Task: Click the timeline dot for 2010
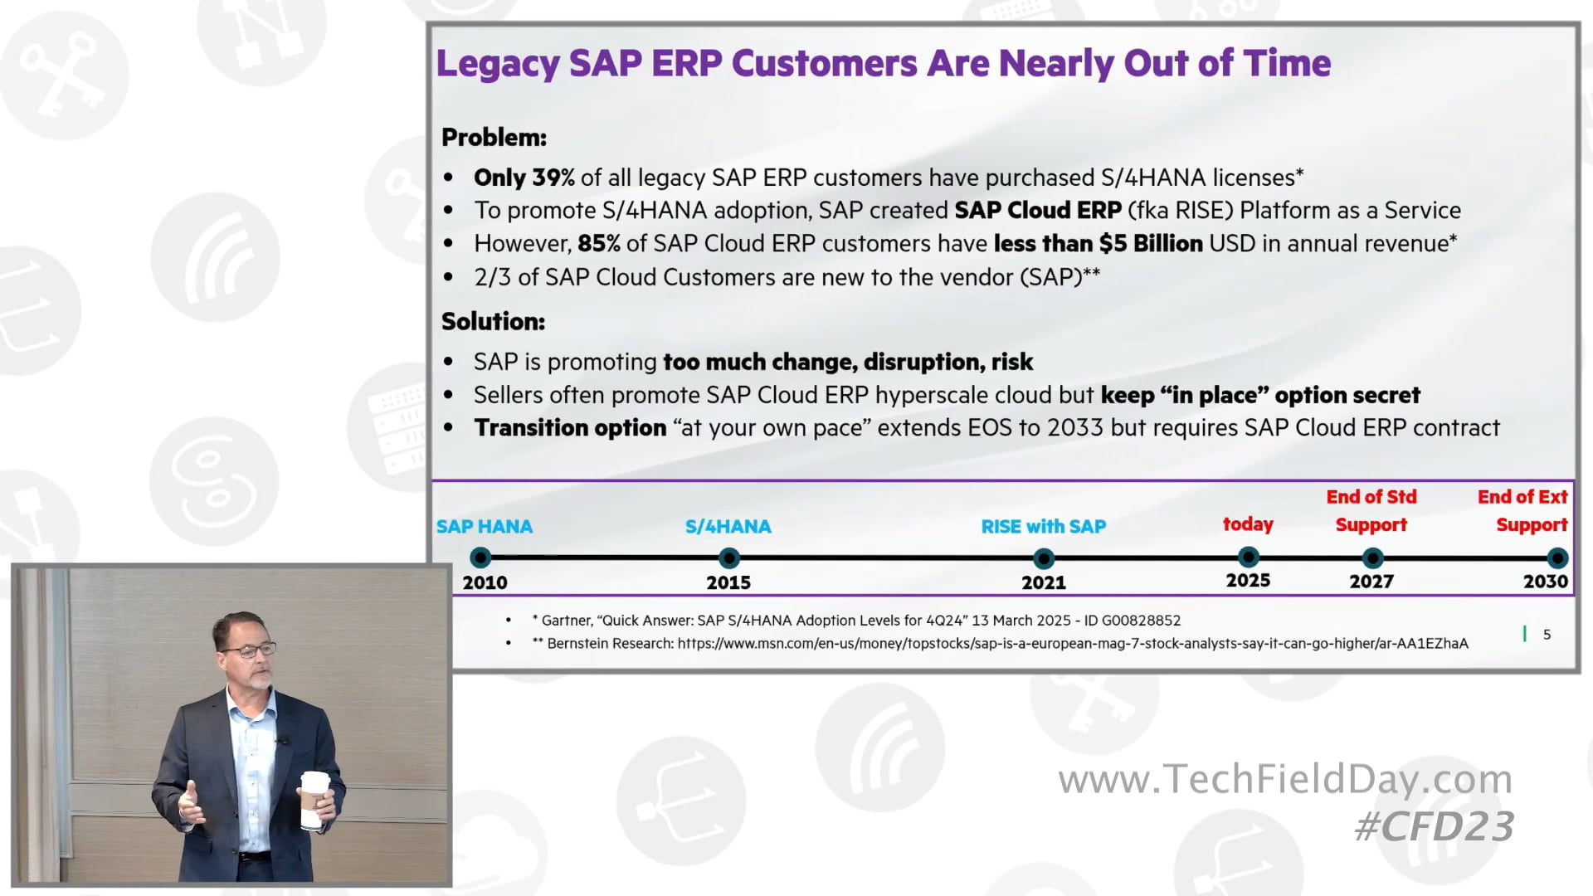tap(480, 558)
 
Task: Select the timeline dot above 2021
tap(1044, 558)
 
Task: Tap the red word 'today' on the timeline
tap(1248, 524)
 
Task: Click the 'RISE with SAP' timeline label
tap(1043, 527)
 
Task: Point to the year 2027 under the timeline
tap(1371, 582)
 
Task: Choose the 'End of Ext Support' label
tap(1522, 510)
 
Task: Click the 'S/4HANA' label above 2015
tap(728, 527)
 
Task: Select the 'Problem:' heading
tap(494, 138)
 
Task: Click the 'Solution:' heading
tap(493, 322)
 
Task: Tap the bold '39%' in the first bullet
tap(553, 178)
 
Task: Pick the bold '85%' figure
tap(598, 244)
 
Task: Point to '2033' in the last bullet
tap(1074, 428)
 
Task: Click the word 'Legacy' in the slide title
tap(498, 64)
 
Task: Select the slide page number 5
tap(1547, 635)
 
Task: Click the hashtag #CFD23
tap(1434, 826)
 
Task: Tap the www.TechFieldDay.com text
tap(1284, 779)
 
